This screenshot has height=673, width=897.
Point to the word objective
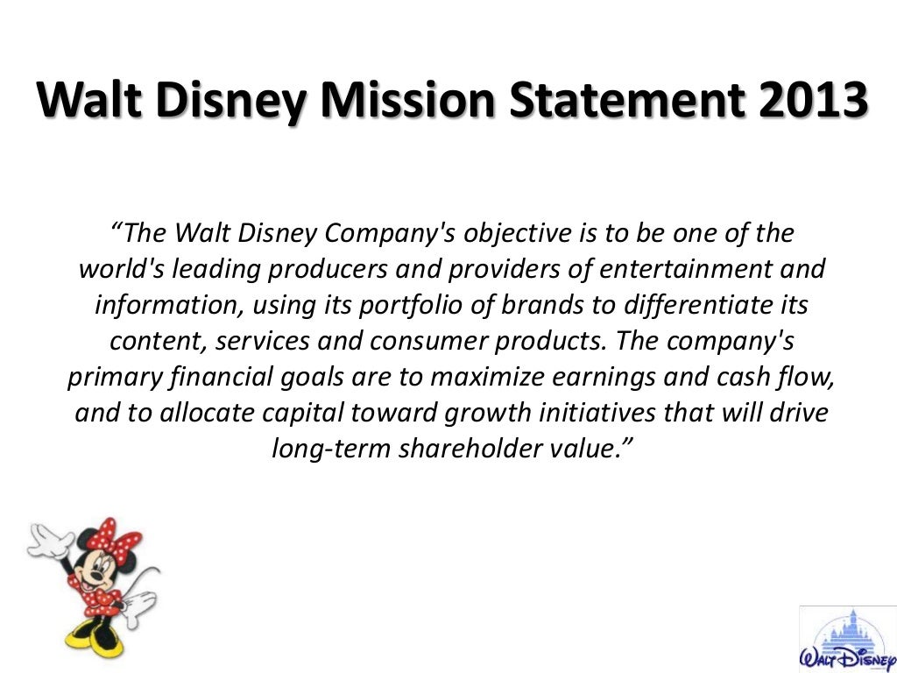(x=517, y=235)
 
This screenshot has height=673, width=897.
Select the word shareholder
(x=455, y=449)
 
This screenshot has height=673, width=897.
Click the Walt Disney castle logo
(x=847, y=635)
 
